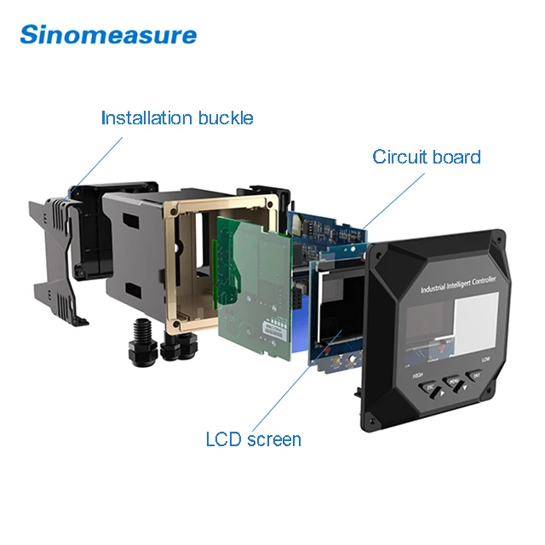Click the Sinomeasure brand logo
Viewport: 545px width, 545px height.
[x=108, y=35]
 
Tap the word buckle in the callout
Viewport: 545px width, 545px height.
[x=226, y=118]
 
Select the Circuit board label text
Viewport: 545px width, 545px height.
[x=426, y=157]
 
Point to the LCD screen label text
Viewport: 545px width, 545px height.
[x=253, y=439]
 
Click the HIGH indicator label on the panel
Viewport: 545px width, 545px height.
[x=418, y=375]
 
